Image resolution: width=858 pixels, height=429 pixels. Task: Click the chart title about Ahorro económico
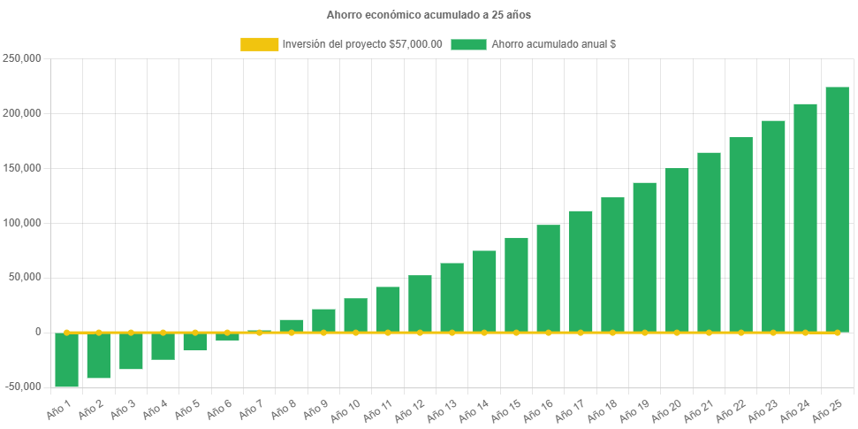coord(429,15)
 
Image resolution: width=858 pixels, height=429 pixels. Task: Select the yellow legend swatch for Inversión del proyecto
coord(258,44)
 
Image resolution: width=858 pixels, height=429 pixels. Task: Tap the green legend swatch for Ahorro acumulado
coord(468,44)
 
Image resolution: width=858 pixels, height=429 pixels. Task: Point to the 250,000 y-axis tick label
coord(23,58)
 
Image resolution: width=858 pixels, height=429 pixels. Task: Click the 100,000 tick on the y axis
coord(23,223)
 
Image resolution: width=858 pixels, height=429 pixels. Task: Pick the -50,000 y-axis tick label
coord(22,387)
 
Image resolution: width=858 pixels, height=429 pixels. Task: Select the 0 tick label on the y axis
coord(37,332)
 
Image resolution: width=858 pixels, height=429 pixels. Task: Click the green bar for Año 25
coord(837,210)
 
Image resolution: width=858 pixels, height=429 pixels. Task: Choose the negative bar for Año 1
coord(66,360)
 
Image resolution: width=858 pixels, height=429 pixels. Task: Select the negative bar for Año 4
coord(163,346)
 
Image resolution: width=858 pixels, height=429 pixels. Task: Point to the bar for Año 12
coord(420,303)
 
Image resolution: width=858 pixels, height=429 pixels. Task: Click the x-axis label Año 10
coord(345,408)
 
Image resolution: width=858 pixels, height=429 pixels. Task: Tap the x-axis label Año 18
coord(603,408)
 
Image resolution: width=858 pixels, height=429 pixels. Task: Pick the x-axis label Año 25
coord(827,408)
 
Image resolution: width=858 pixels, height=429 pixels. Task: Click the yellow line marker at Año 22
coord(740,333)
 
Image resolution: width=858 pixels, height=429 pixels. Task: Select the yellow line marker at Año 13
coord(452,333)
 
